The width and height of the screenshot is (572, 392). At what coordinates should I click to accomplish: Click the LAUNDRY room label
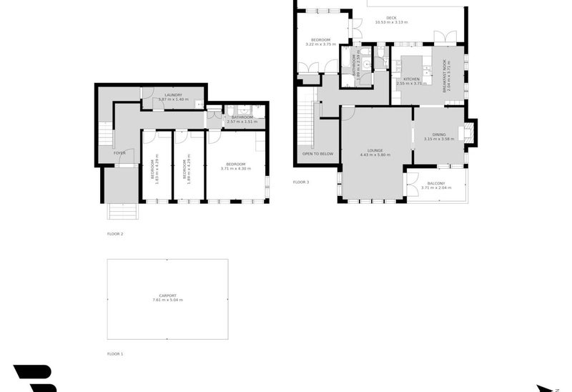(173, 94)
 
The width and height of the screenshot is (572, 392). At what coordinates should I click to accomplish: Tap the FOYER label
(119, 152)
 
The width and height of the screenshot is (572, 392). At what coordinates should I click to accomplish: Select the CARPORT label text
(167, 295)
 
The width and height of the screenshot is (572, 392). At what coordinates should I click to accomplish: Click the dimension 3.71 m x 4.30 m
(237, 169)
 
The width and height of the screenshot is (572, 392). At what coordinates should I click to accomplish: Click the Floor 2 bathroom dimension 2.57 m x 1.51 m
(242, 122)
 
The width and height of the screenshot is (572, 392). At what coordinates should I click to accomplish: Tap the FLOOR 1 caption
(115, 354)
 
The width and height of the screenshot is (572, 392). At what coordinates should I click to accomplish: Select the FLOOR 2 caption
(115, 234)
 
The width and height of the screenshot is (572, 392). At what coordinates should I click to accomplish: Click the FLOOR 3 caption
(301, 182)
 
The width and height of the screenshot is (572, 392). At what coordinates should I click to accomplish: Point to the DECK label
(391, 18)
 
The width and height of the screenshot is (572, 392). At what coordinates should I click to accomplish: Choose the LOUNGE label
(374, 150)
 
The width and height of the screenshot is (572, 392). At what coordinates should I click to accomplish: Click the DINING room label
(438, 134)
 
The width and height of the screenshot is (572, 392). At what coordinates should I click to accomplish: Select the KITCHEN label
(411, 79)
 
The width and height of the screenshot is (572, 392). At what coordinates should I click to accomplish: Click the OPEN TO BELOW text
(318, 154)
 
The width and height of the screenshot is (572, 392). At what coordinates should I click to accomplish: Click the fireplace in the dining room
(469, 132)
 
